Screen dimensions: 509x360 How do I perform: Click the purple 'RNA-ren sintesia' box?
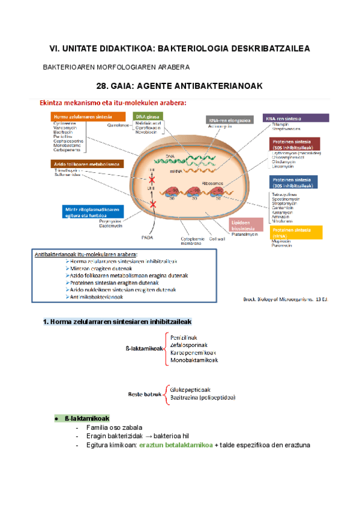pos(296,118)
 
